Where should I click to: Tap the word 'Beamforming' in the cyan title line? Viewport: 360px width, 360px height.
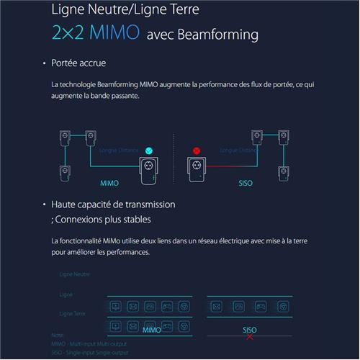[x=217, y=35]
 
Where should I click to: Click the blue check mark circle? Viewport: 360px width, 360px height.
[x=150, y=150]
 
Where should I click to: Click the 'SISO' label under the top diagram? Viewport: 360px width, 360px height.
[x=245, y=184]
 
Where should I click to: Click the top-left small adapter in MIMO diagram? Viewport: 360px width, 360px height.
[x=65, y=137]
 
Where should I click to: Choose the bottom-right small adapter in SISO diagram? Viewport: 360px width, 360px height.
[x=284, y=174]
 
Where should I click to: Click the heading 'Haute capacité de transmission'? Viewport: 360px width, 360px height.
[x=113, y=204]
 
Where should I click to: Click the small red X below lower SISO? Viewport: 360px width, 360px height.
[x=250, y=336]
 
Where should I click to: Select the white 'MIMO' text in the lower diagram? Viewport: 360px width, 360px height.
[x=152, y=330]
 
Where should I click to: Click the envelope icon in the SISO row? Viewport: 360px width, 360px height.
[x=216, y=306]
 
